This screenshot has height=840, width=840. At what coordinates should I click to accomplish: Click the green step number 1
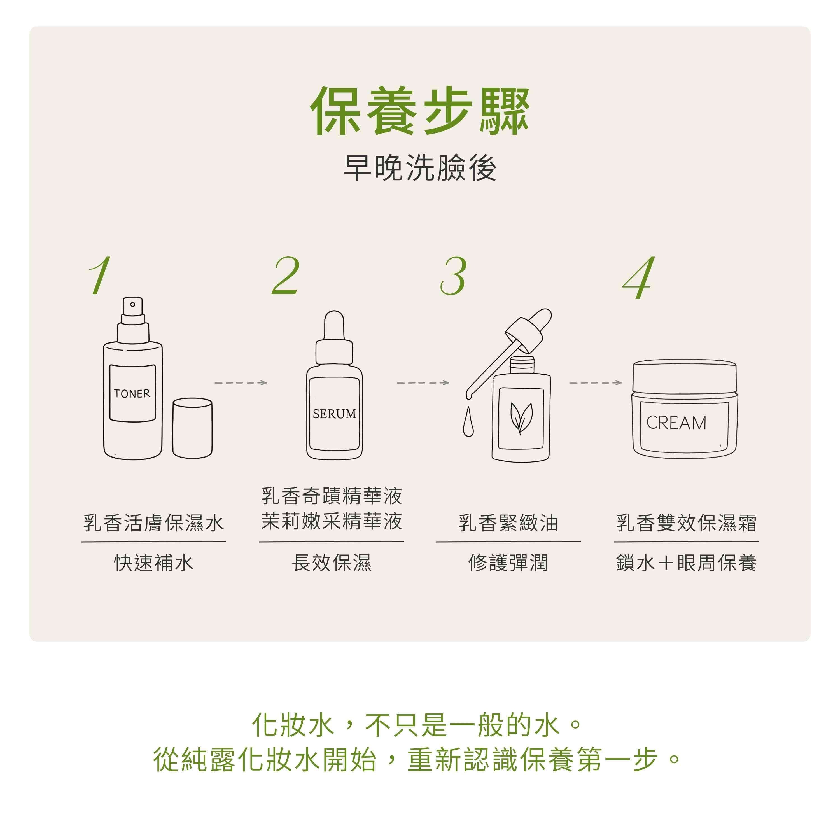[x=100, y=275]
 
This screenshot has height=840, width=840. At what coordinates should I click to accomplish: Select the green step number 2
[x=286, y=275]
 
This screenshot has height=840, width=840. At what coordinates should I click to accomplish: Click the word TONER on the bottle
[x=132, y=393]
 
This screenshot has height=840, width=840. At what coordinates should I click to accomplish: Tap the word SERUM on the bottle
[x=334, y=414]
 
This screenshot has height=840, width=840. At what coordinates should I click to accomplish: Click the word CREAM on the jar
[x=676, y=423]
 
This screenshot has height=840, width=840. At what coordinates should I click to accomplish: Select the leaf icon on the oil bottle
[x=521, y=418]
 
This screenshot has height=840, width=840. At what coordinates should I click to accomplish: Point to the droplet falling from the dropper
[x=468, y=421]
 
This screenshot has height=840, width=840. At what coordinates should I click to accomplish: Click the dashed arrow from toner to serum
[x=241, y=382]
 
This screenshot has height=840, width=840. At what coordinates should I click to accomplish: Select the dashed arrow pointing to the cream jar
[x=596, y=382]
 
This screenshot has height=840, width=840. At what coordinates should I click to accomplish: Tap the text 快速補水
[x=153, y=563]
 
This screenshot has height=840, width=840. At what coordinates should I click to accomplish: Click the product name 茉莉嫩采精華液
[x=332, y=521]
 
